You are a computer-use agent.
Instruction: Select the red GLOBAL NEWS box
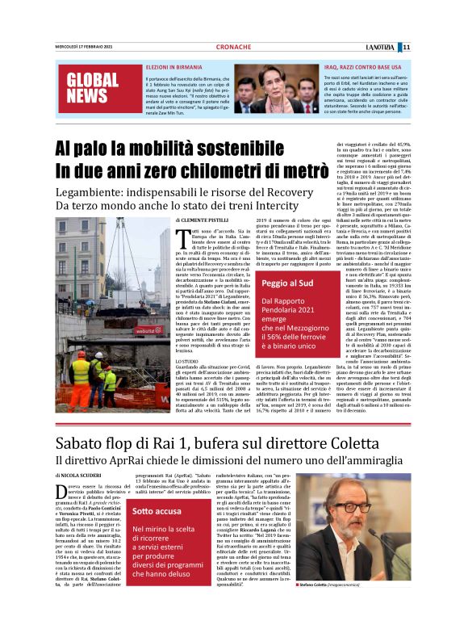pyautogui.click(x=87, y=89)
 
